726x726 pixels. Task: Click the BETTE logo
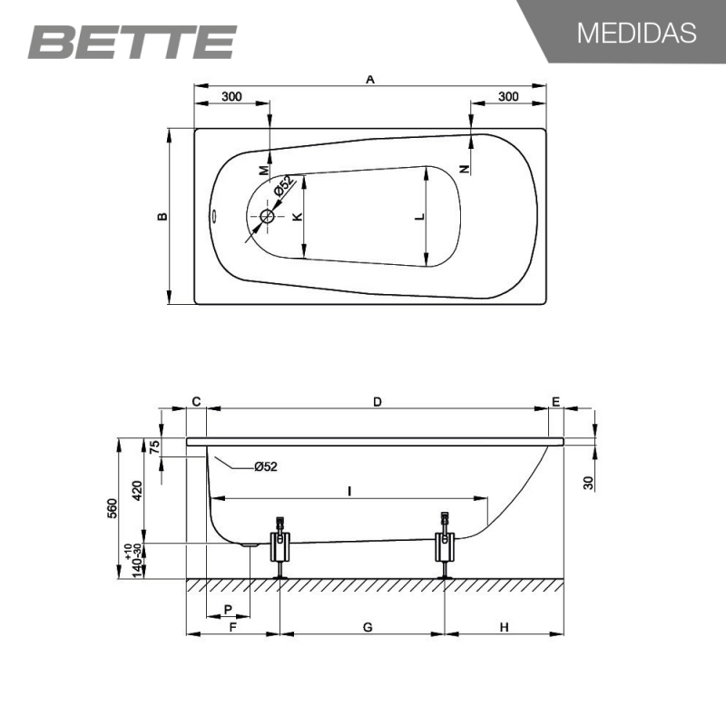click(132, 42)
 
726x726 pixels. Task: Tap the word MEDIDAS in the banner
click(637, 33)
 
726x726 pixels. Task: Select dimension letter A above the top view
click(370, 80)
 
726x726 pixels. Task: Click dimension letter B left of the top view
click(162, 216)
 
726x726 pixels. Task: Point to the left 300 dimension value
click(231, 96)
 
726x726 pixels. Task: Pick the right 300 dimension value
click(508, 96)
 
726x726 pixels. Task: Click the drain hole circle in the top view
click(267, 216)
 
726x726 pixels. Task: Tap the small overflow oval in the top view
click(215, 216)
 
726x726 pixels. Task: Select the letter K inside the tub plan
click(298, 216)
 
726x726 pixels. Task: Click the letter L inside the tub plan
click(420, 216)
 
